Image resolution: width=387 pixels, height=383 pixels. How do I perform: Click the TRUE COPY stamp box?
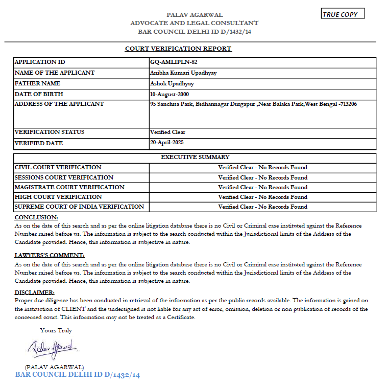[x=343, y=14]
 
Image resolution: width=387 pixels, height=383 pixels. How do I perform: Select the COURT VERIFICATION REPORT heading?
[x=178, y=49]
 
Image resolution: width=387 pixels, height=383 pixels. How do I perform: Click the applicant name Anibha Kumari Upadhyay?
[x=183, y=73]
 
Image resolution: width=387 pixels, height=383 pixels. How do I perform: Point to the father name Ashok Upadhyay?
[x=172, y=83]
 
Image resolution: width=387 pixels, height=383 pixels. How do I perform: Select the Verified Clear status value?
[x=168, y=132]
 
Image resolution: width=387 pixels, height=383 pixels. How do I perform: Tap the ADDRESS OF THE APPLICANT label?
[x=59, y=104]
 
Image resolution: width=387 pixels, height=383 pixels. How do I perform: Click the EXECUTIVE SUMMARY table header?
[x=195, y=157]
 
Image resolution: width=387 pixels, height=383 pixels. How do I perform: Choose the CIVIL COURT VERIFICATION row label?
[x=58, y=167]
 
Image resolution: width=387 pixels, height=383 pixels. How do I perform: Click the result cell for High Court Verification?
[x=262, y=197]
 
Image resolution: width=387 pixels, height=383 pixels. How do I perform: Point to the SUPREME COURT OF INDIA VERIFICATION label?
[x=80, y=207]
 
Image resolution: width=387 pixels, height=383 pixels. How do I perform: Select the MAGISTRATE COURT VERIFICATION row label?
[x=69, y=187]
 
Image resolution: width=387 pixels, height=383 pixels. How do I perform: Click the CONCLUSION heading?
[x=36, y=217]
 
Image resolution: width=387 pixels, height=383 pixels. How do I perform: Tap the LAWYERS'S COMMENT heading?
[x=50, y=255]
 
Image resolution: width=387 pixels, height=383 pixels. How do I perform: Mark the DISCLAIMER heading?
[x=35, y=292]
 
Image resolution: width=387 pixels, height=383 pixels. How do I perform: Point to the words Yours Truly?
[x=56, y=330]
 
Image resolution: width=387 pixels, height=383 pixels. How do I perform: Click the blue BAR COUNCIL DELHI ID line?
[x=78, y=375]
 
